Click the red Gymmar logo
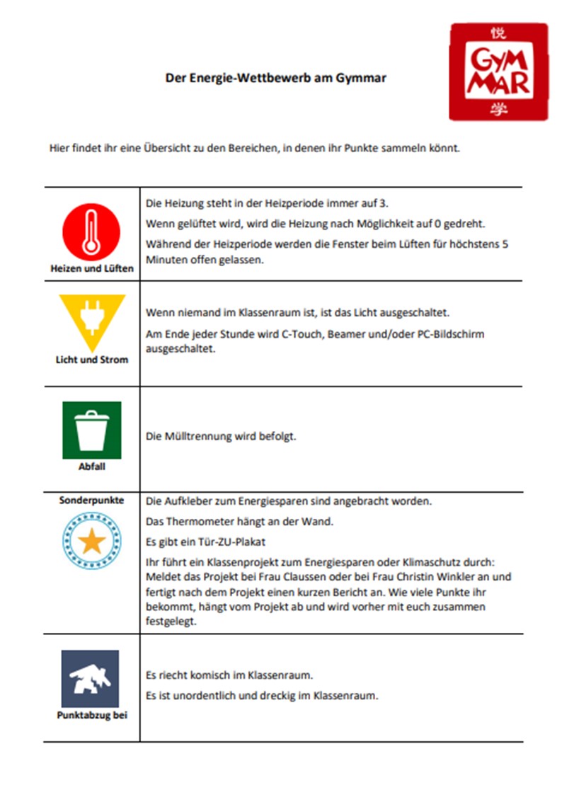(x=498, y=71)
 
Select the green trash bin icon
(x=92, y=430)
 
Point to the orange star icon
(x=92, y=542)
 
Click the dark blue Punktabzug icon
(x=90, y=678)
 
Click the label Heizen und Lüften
(x=92, y=269)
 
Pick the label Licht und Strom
(x=92, y=360)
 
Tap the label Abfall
(x=92, y=467)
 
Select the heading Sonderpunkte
(x=92, y=500)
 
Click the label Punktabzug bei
(x=92, y=715)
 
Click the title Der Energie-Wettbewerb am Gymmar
(x=276, y=79)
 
